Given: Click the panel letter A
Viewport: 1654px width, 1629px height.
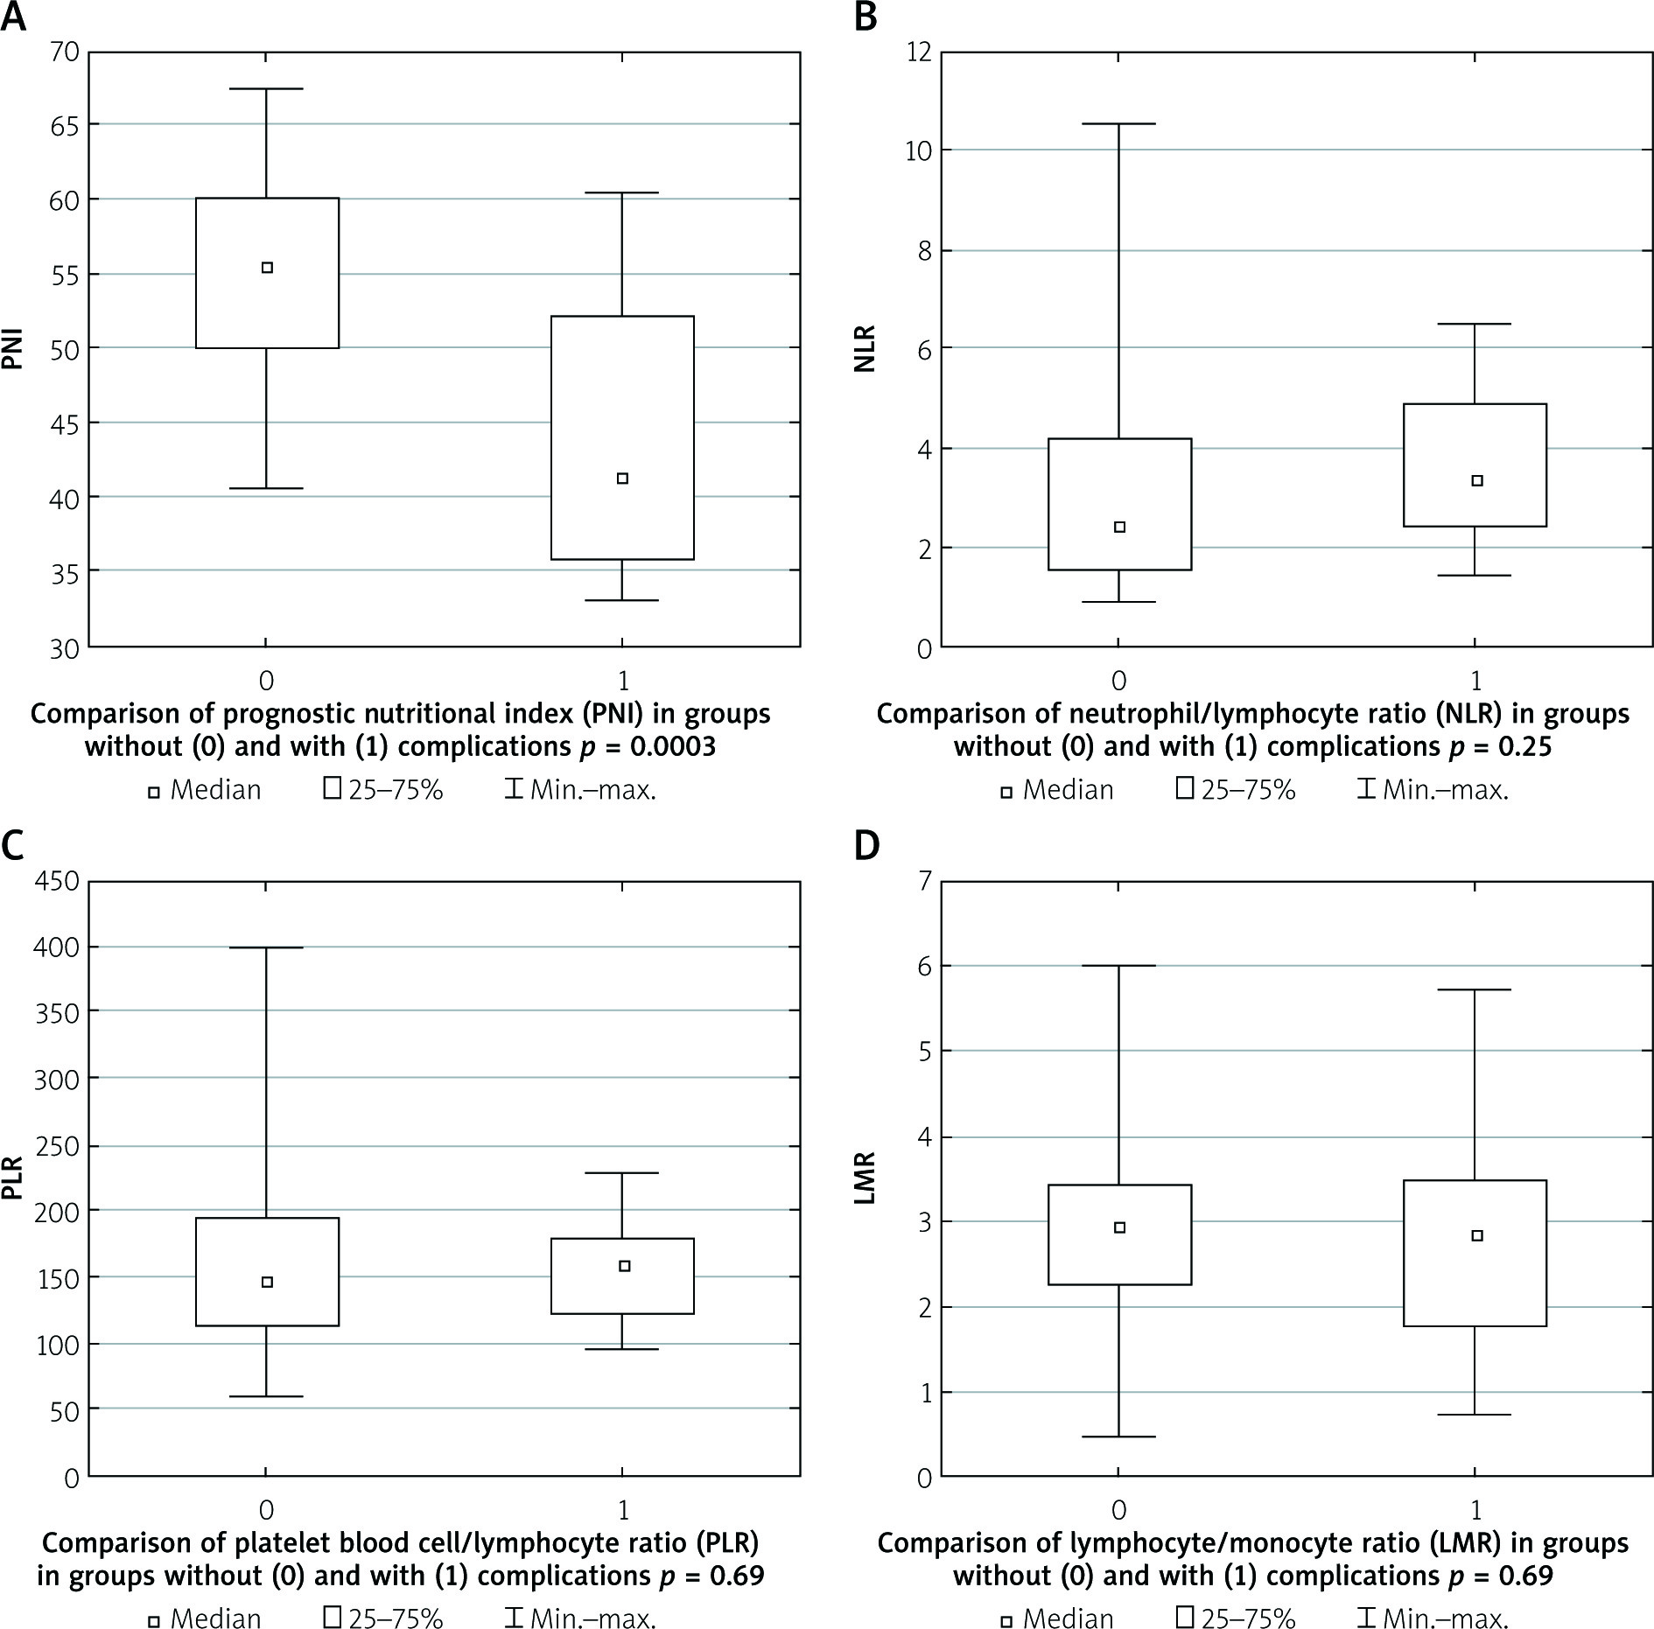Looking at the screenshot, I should point(14,17).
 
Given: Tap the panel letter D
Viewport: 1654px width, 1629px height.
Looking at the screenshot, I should point(866,847).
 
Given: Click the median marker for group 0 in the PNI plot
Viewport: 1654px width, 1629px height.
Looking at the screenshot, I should point(268,268).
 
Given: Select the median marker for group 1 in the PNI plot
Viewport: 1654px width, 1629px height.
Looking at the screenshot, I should point(623,479).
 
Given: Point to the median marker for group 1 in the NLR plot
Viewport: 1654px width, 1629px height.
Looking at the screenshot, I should point(1477,480).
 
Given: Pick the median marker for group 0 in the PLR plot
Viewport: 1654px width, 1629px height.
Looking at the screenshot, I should point(268,1282).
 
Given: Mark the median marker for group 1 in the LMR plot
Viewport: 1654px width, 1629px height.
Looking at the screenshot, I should point(1477,1235).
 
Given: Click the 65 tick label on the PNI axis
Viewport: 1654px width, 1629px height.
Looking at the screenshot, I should point(60,125).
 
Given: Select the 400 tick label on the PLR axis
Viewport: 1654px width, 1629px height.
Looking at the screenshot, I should point(55,947).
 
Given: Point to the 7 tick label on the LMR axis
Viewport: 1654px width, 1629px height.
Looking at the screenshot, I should point(924,880).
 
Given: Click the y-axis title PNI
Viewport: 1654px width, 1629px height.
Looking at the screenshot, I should point(12,347).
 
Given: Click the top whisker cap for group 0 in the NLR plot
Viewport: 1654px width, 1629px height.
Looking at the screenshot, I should point(1119,124).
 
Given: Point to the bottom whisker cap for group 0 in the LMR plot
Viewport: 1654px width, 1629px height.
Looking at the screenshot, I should point(1119,1437).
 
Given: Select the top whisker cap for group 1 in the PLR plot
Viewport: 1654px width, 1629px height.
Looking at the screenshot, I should point(622,1172).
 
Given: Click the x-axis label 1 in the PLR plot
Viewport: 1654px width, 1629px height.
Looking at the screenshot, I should point(623,1510).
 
